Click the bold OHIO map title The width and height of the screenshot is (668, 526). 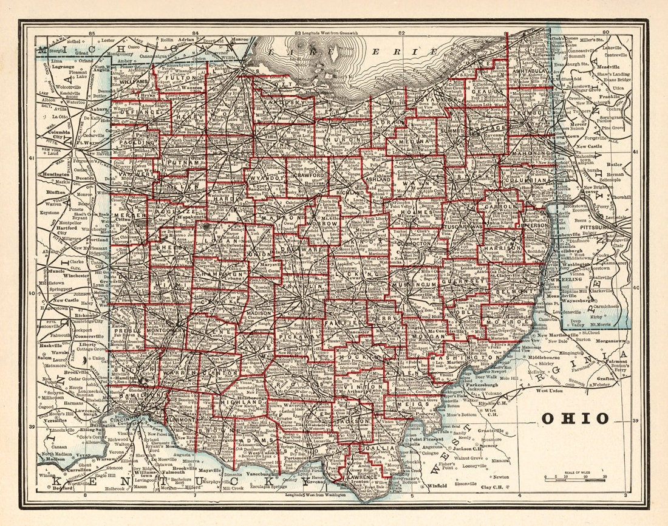[574, 418]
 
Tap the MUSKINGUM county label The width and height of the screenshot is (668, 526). [414, 284]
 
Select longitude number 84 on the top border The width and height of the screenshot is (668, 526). [196, 33]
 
